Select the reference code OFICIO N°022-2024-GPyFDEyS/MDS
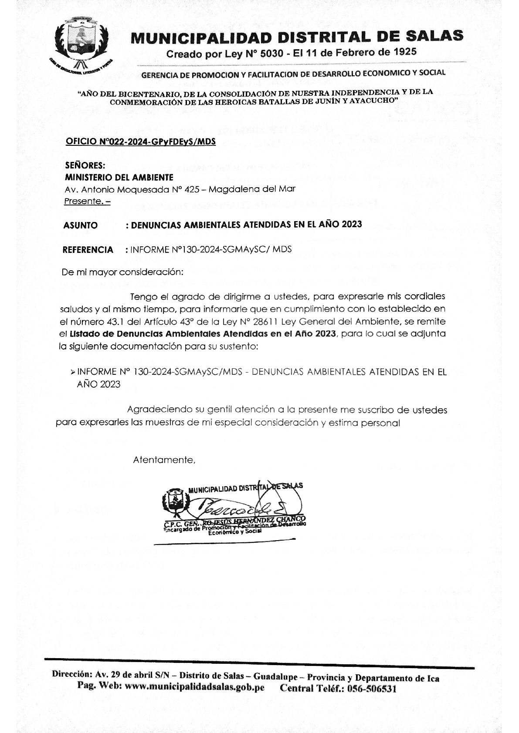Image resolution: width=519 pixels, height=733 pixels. click(x=140, y=142)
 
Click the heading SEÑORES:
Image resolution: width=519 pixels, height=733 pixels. click(x=85, y=165)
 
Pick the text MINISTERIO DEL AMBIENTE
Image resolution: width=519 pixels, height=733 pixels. click(x=119, y=178)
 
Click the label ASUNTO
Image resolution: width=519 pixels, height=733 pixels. click(x=80, y=225)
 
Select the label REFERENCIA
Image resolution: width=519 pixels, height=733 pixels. click(x=88, y=250)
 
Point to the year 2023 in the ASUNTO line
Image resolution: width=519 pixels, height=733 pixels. click(x=352, y=224)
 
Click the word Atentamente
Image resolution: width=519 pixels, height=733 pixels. click(x=163, y=460)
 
